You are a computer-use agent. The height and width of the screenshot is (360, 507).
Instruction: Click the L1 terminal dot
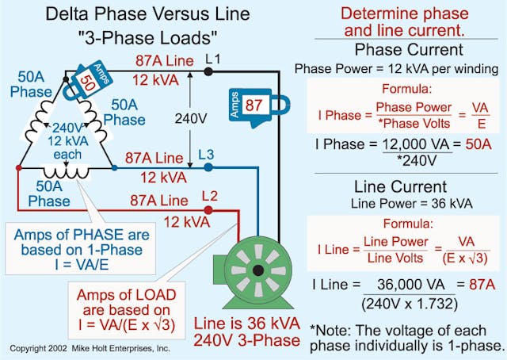tap(208, 71)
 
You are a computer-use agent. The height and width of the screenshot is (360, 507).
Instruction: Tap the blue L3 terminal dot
tap(208, 167)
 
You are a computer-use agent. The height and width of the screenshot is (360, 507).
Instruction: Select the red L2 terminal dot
tap(208, 210)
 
